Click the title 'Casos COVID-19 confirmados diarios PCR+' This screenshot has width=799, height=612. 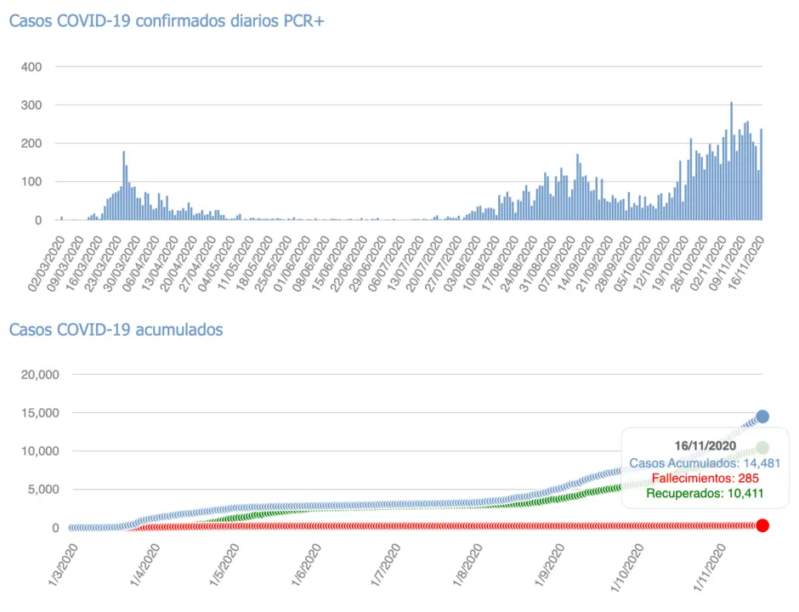click(167, 21)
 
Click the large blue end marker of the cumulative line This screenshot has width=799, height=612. click(762, 416)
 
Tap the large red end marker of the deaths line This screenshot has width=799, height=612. click(762, 525)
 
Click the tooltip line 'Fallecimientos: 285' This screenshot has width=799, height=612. click(705, 478)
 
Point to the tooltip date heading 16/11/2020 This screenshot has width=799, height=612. click(705, 445)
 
